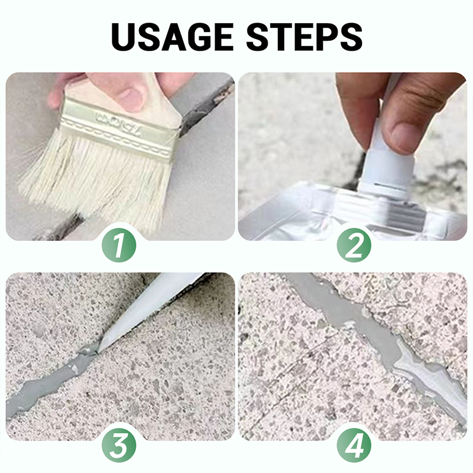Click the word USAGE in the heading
pos(172,37)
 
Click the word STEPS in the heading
pos(304,37)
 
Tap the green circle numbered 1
pos(119,245)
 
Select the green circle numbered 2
pos(354,245)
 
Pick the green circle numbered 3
pos(119,445)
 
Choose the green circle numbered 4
pos(354,445)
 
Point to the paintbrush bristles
pos(93,178)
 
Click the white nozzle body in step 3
pos(151,311)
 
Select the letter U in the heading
pos(125,37)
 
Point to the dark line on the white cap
pos(389,184)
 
